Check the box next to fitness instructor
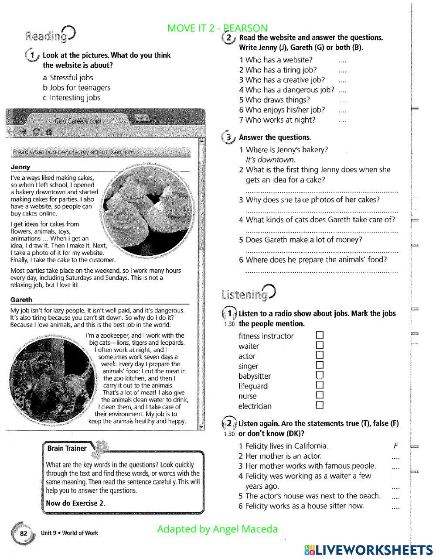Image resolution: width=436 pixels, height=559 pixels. point(320,335)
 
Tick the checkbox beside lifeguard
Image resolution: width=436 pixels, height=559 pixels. point(320,385)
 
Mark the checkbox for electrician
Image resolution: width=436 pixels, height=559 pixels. point(320,405)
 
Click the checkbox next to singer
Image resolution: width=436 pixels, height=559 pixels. point(320,365)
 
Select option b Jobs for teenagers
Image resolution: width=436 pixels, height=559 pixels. point(76,88)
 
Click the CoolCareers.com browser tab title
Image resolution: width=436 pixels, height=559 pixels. point(78,121)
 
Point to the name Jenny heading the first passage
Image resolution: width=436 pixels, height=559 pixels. point(20,167)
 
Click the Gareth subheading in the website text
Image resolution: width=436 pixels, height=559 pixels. point(22,300)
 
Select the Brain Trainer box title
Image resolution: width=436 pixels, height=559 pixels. point(67,448)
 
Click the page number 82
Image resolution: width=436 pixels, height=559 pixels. point(24,534)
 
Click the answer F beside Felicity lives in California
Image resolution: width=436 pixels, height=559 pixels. point(395,446)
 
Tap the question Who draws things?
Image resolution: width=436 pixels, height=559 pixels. point(274,100)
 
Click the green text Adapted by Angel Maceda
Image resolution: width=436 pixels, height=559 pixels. point(217,529)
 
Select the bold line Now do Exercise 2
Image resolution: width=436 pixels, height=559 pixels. point(75,503)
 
